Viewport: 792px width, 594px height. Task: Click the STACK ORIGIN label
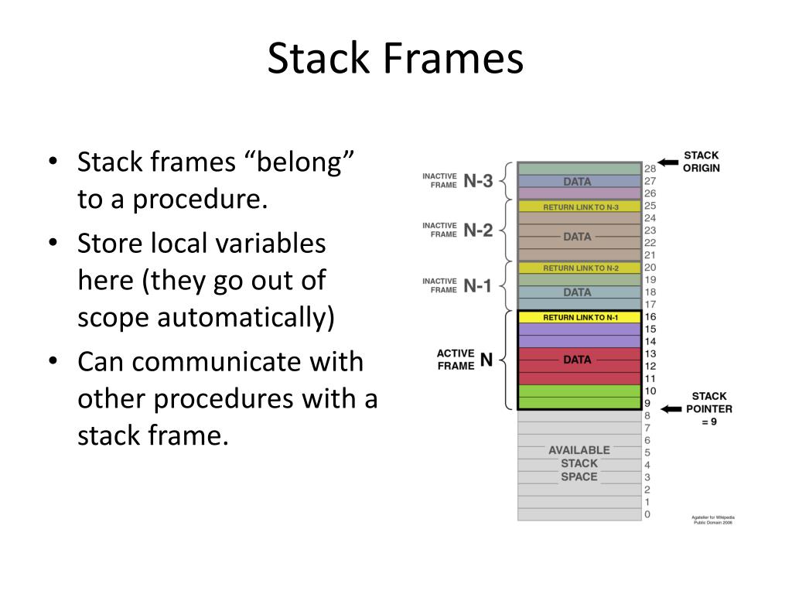[702, 162]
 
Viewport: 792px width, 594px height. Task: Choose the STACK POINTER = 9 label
[708, 409]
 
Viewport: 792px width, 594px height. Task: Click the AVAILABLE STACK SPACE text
[579, 463]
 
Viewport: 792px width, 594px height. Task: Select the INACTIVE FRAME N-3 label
[457, 181]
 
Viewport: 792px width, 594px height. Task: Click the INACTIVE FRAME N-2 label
[457, 230]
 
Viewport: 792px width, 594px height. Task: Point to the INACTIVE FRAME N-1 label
[457, 285]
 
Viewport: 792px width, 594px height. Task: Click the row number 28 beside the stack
[650, 169]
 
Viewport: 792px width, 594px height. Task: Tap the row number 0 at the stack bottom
[647, 514]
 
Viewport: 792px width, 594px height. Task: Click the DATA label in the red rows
[577, 360]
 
